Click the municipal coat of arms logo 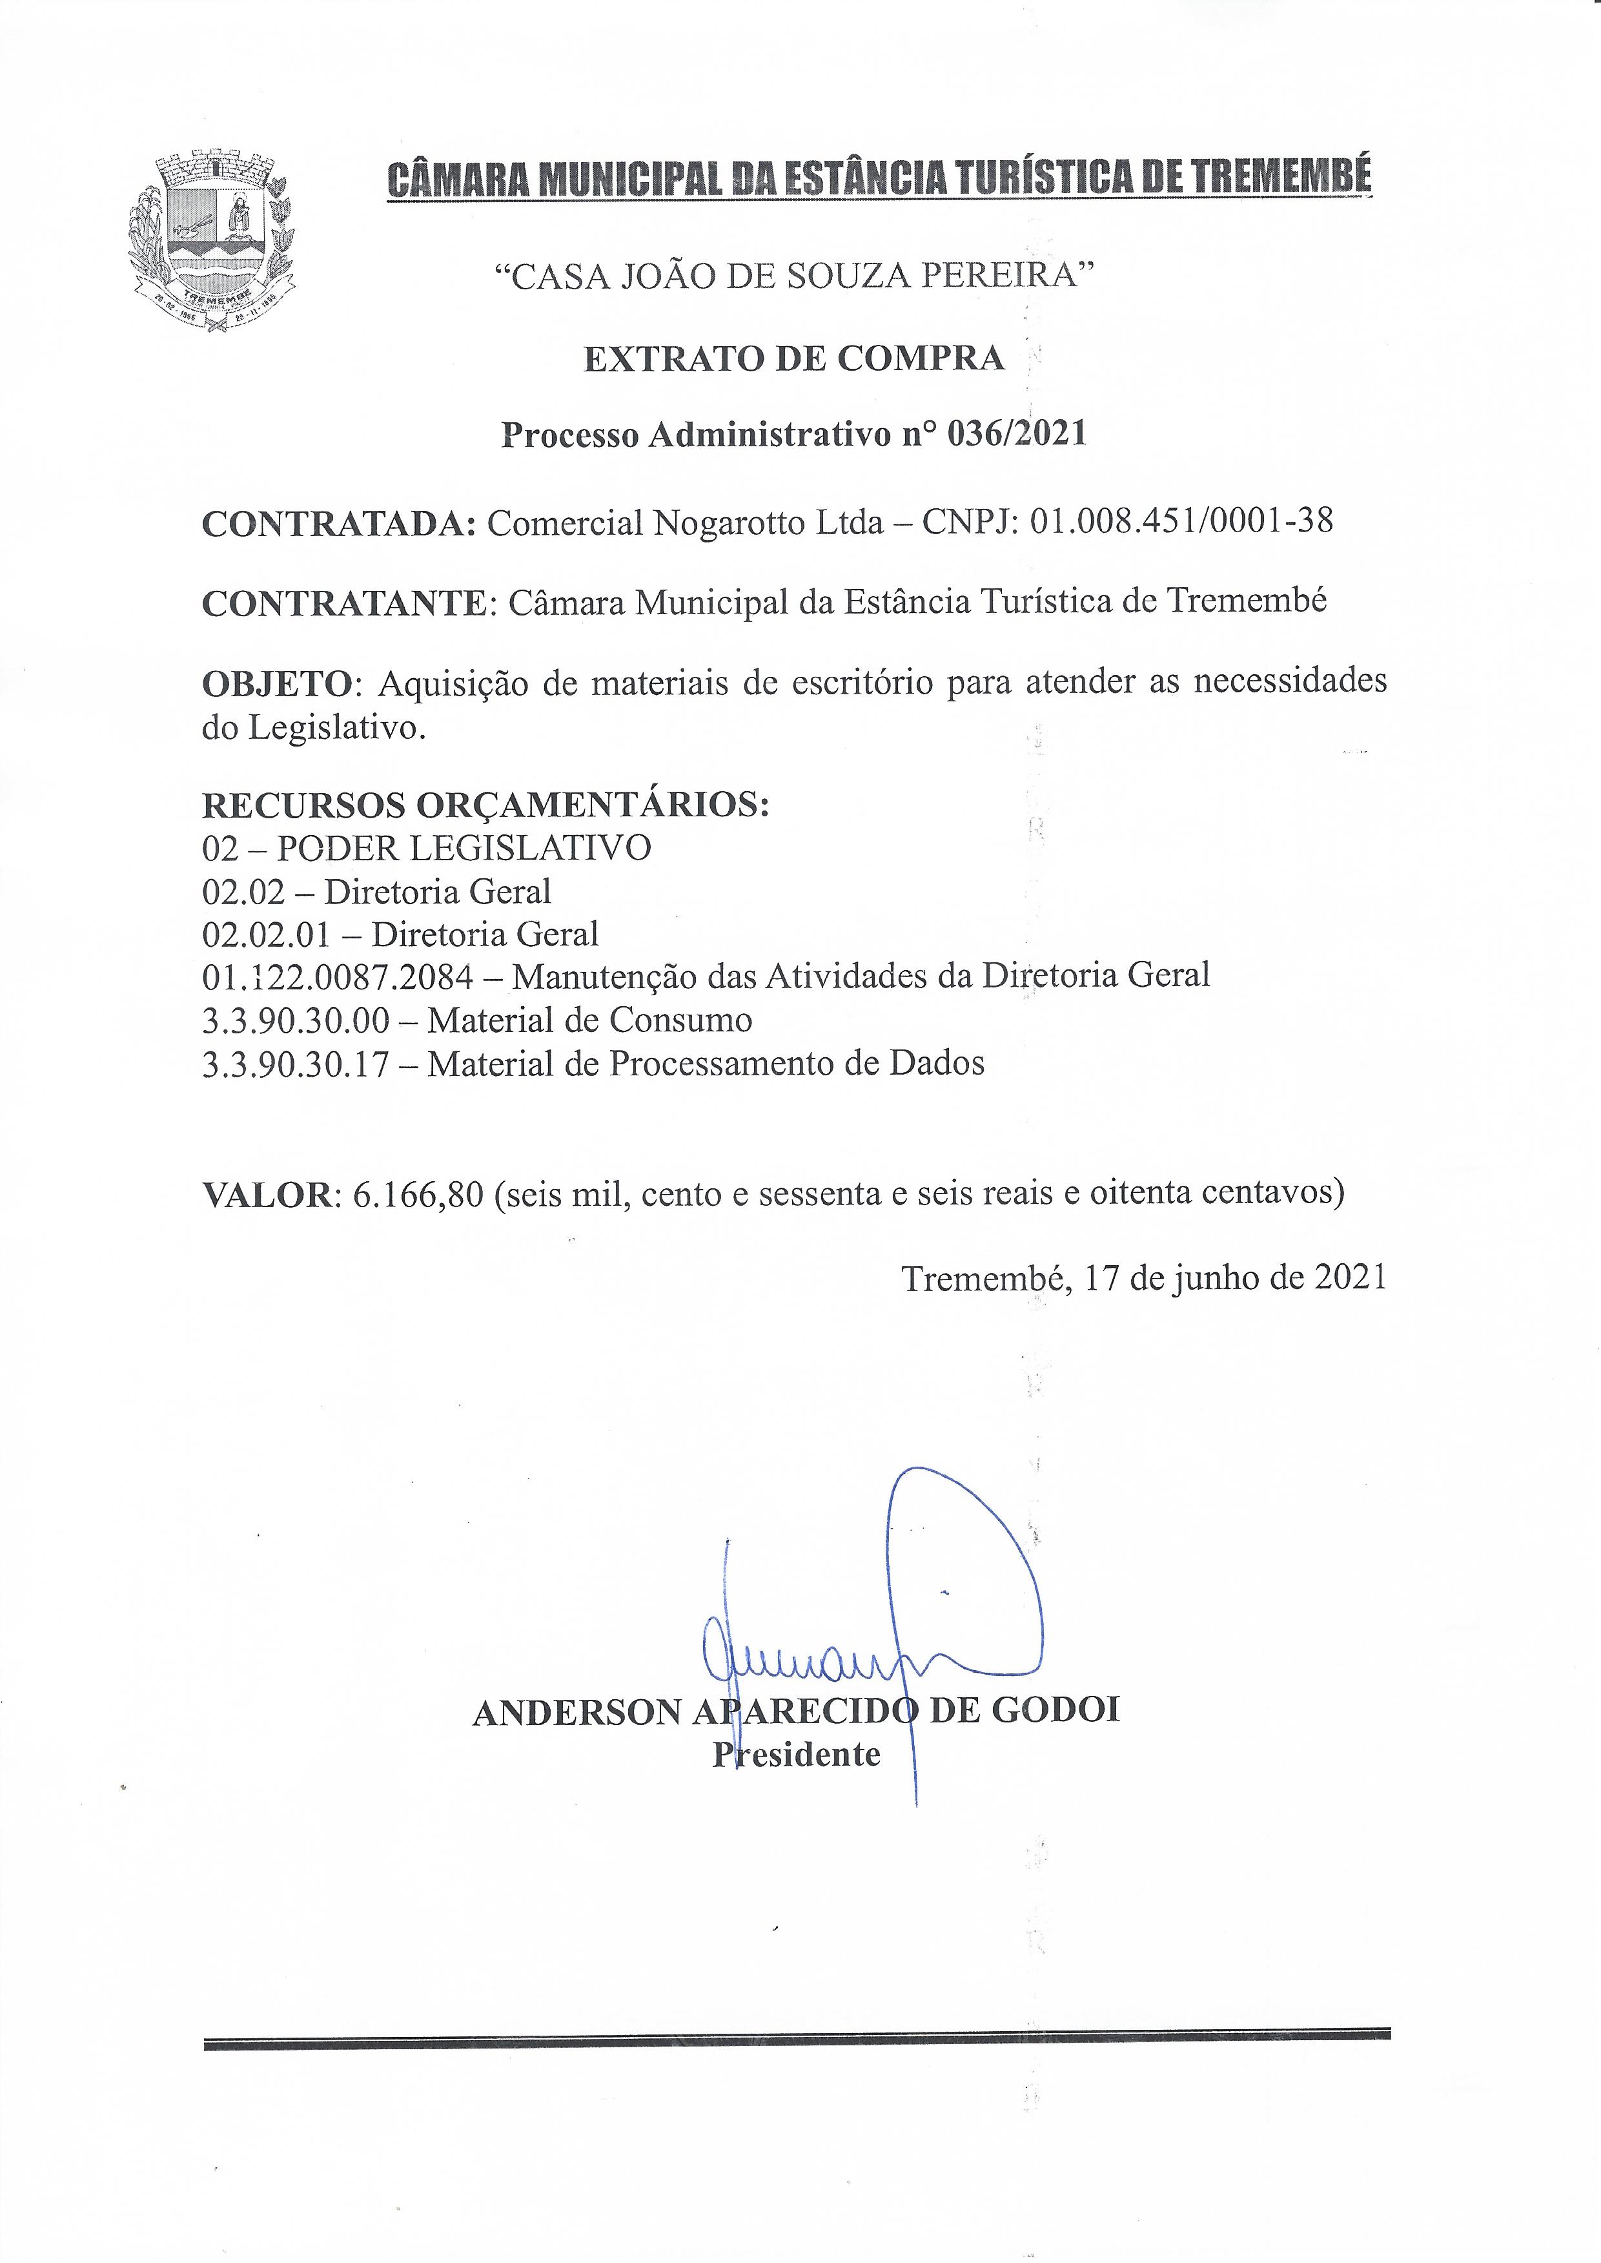click(211, 242)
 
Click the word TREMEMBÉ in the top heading click(1281, 178)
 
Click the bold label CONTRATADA click(339, 524)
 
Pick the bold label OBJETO click(277, 683)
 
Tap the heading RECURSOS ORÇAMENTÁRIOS click(485, 805)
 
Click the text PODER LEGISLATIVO click(464, 848)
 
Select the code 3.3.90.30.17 click(296, 1063)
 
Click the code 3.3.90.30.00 click(296, 1020)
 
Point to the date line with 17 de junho click(1143, 1278)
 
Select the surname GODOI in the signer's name click(1056, 1710)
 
